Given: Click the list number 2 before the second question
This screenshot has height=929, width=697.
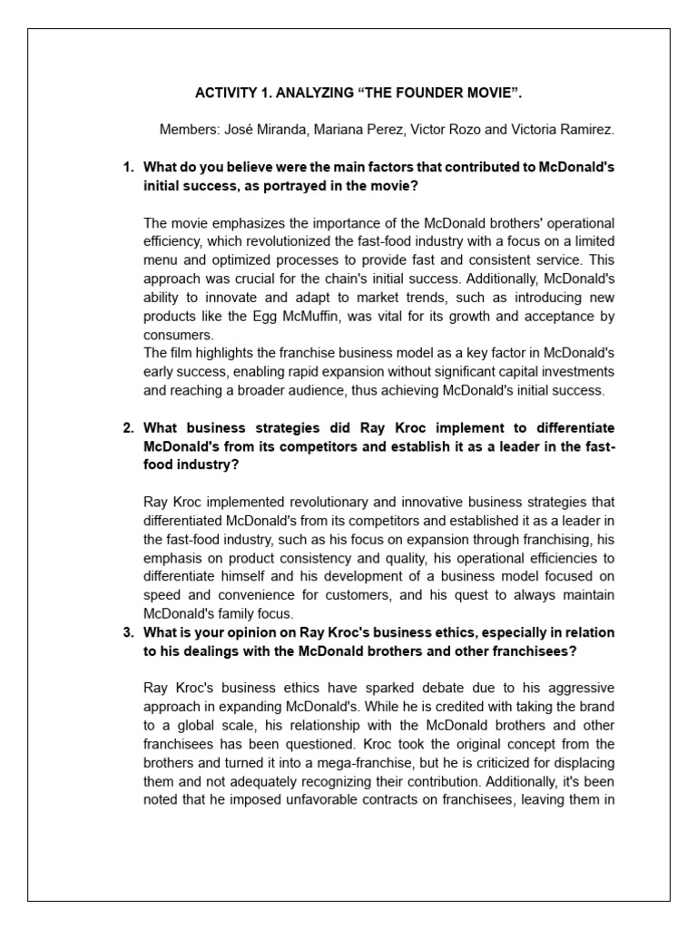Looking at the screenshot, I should (128, 427).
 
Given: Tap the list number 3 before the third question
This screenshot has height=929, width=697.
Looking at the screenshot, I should (128, 632).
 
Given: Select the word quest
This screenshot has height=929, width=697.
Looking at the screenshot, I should (438, 594).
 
